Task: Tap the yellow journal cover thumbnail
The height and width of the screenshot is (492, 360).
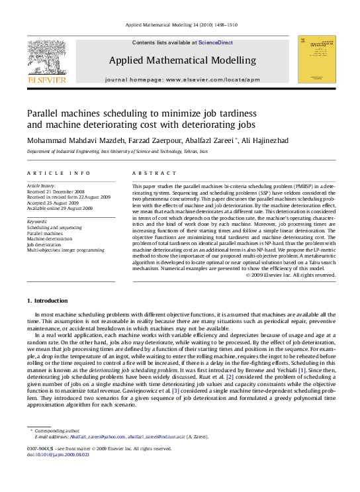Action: pyautogui.click(x=316, y=59)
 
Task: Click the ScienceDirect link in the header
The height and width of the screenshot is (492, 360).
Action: pyautogui.click(x=216, y=42)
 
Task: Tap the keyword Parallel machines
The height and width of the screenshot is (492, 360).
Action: pyautogui.click(x=45, y=233)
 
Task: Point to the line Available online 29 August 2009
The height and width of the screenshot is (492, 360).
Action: pyautogui.click(x=60, y=208)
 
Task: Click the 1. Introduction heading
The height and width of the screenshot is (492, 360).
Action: pyautogui.click(x=47, y=301)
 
